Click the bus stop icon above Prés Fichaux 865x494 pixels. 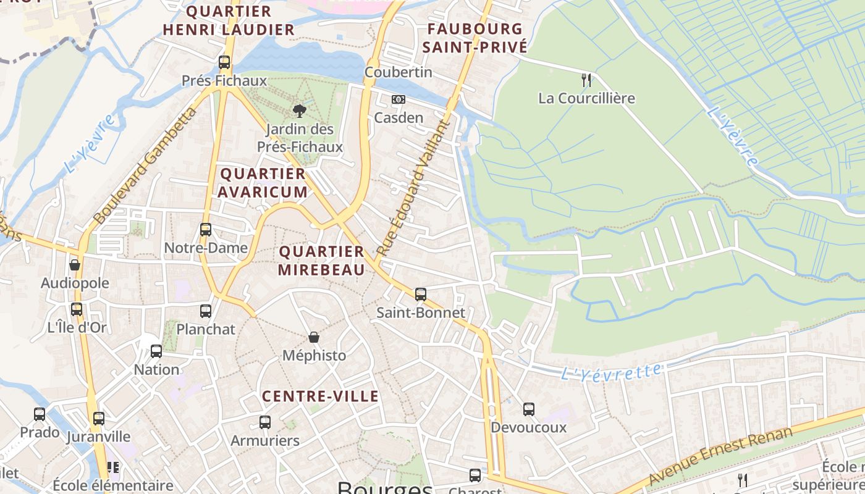click(x=224, y=62)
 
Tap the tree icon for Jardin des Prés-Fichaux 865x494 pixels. click(x=300, y=111)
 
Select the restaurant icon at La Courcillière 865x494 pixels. click(x=586, y=80)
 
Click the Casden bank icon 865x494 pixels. click(x=399, y=99)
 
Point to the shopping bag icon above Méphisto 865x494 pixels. click(x=314, y=337)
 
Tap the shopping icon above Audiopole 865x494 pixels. click(x=75, y=265)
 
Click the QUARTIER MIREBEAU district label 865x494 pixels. click(x=321, y=261)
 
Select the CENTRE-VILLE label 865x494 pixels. click(x=320, y=396)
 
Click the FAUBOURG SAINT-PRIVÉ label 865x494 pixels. click(x=475, y=38)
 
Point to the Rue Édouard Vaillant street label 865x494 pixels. click(x=411, y=188)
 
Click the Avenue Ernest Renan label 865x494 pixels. click(x=720, y=456)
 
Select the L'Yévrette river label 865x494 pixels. click(x=611, y=372)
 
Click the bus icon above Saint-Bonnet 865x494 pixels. click(x=421, y=295)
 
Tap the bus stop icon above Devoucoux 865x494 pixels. click(x=529, y=409)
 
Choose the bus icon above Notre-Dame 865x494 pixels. click(x=206, y=230)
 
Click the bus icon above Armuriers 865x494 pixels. click(x=265, y=422)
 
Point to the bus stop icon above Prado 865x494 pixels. click(x=40, y=414)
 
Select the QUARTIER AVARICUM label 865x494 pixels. click(x=263, y=183)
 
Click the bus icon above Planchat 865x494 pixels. click(x=206, y=311)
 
